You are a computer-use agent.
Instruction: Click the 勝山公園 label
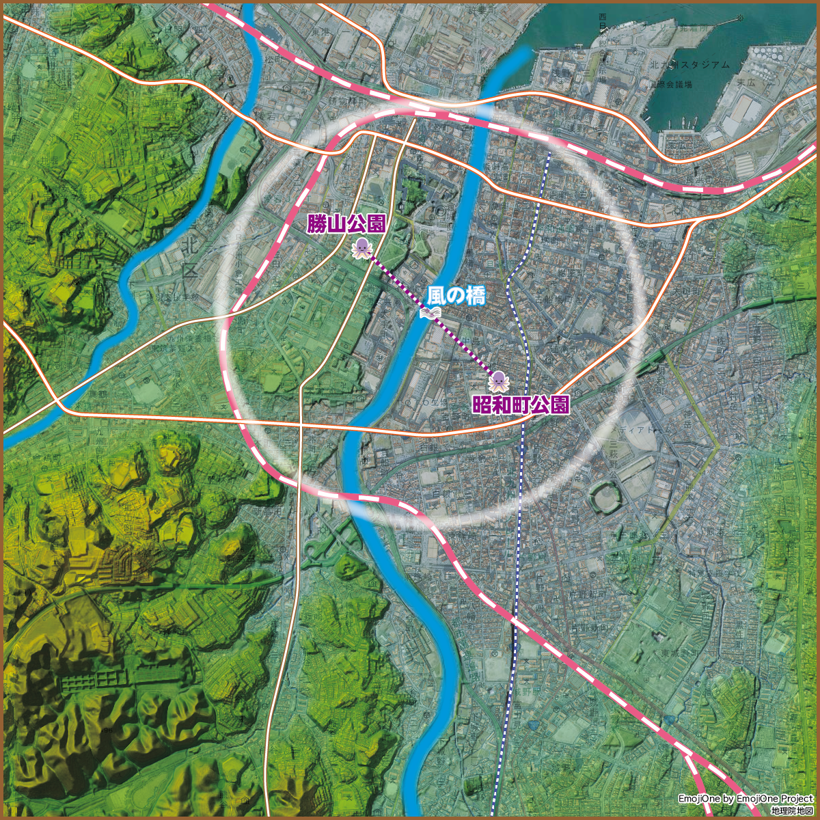[346, 223]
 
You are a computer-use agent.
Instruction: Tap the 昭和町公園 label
[521, 405]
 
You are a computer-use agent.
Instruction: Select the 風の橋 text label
[456, 296]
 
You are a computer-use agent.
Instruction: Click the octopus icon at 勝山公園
[361, 249]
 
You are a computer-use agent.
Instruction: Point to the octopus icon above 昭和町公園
[498, 381]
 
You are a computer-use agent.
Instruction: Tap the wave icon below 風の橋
[429, 313]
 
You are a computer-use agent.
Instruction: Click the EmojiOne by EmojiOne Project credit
[746, 799]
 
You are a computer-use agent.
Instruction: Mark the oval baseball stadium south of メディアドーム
[605, 496]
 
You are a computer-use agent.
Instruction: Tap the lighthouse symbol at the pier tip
[739, 20]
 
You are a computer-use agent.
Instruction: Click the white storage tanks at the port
[769, 54]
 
